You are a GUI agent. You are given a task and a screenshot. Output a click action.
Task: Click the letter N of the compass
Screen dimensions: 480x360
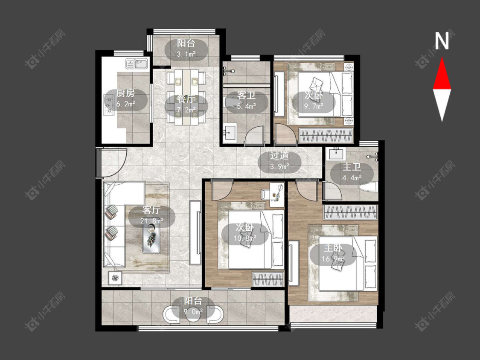pos(442,41)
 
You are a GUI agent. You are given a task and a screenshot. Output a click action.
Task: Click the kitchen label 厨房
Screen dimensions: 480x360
pos(125,93)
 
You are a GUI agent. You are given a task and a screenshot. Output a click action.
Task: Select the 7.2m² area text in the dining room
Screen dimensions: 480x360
pos(186,110)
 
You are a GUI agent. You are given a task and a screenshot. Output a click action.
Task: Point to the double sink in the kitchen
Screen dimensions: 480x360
pos(136,64)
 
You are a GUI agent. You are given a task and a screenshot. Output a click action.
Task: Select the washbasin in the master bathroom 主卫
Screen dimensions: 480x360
pos(337,154)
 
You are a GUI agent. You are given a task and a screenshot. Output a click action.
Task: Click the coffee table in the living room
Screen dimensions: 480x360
pos(151,237)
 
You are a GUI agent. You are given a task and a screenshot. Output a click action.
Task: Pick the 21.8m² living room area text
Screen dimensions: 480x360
pos(151,221)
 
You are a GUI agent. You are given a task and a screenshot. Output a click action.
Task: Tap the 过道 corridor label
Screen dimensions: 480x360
pos(279,156)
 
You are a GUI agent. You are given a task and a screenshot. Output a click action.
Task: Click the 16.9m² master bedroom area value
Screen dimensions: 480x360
pos(333,259)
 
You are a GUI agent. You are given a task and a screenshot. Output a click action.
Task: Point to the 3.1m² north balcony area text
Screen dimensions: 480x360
pos(186,54)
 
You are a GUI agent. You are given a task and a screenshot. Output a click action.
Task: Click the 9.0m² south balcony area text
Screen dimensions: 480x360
pos(193,311)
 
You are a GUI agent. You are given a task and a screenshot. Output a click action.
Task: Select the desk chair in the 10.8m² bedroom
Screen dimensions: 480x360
pos(265,194)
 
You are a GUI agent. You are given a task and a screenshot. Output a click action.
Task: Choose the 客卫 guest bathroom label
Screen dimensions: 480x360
pos(246,96)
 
